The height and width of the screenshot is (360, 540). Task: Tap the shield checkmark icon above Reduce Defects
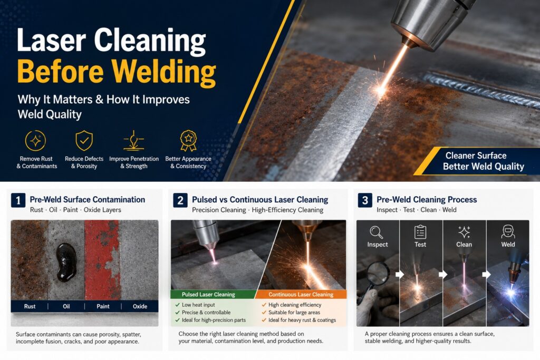click(x=84, y=140)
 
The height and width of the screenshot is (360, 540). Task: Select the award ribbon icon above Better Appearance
click(x=188, y=140)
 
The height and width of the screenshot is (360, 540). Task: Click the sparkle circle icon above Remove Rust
click(x=35, y=140)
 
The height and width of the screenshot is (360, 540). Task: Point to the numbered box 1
click(x=18, y=200)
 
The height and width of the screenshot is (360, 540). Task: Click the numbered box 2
click(x=180, y=200)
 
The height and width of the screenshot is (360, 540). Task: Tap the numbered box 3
click(x=365, y=200)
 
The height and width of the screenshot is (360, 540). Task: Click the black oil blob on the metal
click(x=66, y=262)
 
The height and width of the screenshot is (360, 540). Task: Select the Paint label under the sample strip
click(x=103, y=306)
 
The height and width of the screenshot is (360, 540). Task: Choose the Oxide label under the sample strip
click(x=140, y=306)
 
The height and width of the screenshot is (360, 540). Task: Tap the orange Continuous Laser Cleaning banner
click(x=301, y=295)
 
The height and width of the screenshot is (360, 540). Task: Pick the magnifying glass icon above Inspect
click(x=377, y=232)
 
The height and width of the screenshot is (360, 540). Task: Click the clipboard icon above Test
click(x=420, y=232)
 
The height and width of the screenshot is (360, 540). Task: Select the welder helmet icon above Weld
click(x=508, y=231)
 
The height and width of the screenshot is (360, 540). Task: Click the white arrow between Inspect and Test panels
click(x=400, y=274)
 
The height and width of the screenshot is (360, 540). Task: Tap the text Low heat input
click(x=198, y=305)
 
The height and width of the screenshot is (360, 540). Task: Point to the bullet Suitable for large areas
click(x=294, y=313)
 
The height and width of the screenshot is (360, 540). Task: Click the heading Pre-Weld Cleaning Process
click(x=427, y=200)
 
